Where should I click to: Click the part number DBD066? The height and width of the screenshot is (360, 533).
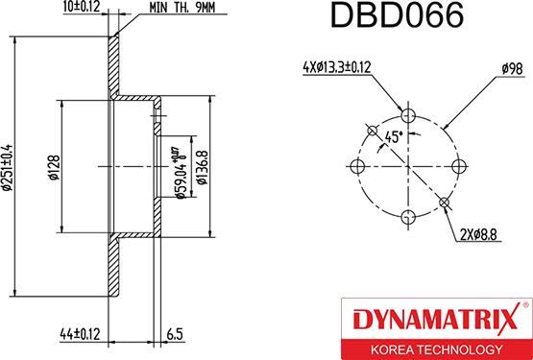pyautogui.click(x=397, y=17)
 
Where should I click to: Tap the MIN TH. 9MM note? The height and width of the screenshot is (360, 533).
pyautogui.click(x=182, y=9)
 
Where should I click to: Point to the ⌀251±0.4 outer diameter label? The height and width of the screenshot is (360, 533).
pyautogui.click(x=9, y=168)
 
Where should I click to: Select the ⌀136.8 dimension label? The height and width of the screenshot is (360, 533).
pyautogui.click(x=203, y=167)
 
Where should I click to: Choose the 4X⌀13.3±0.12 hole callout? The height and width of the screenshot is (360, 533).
pyautogui.click(x=337, y=66)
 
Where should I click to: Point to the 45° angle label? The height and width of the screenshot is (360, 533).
pyautogui.click(x=393, y=135)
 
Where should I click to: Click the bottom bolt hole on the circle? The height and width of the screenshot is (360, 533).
pyautogui.click(x=407, y=216)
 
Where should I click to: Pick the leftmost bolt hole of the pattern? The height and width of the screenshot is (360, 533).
pyautogui.click(x=358, y=167)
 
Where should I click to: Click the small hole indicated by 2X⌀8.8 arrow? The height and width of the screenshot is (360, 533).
pyautogui.click(x=443, y=202)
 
